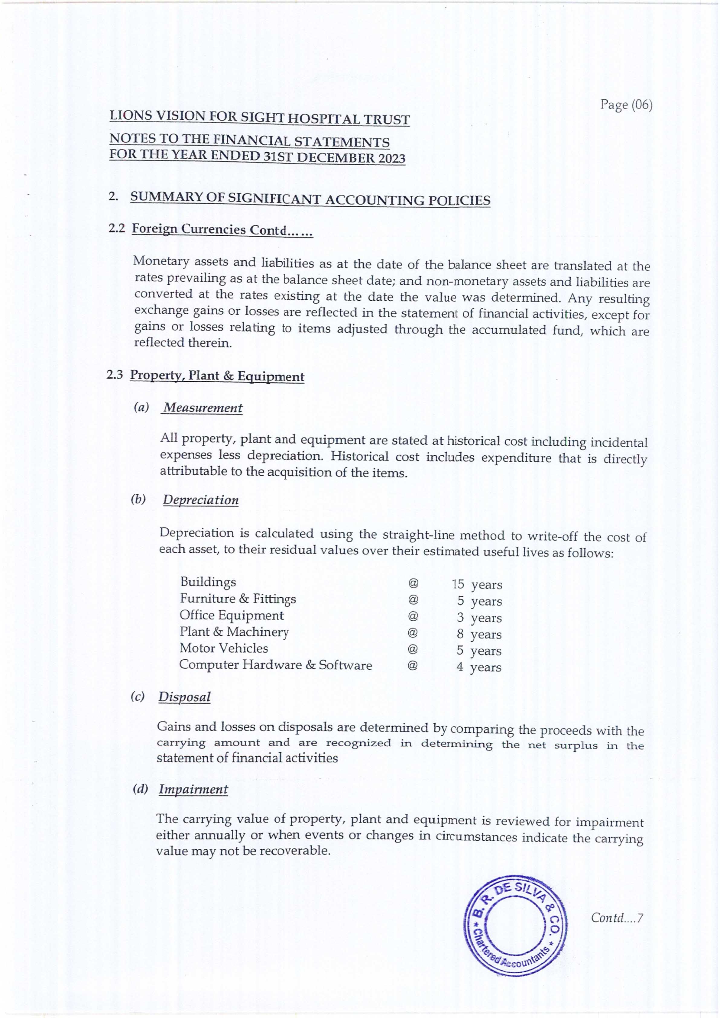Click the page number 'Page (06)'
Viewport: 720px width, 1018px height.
626,105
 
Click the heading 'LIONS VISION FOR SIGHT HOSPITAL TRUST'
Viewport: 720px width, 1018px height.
260,118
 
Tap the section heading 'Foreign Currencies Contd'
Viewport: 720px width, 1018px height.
223,230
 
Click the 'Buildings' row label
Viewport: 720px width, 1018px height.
208,581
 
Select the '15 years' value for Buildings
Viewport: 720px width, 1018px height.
477,585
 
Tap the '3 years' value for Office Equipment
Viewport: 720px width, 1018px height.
480,618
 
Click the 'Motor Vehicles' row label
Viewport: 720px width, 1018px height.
224,648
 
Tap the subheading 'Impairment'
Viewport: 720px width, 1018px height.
193,789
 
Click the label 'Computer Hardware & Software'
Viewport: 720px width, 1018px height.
275,665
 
